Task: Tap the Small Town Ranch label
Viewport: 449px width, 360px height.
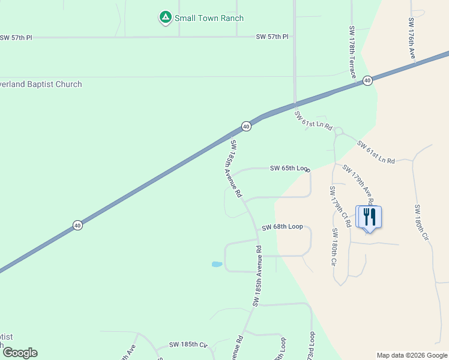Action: coord(209,18)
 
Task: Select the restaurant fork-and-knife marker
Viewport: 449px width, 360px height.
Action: coord(369,217)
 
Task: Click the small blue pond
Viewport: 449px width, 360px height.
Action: coord(217,263)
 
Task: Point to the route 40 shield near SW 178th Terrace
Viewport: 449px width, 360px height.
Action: coord(367,80)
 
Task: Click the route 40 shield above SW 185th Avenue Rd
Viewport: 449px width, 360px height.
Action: coord(246,126)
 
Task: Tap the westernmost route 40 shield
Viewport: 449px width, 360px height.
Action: coord(78,225)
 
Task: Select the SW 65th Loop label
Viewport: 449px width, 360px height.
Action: coord(289,169)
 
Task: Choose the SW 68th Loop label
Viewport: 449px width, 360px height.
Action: coord(282,227)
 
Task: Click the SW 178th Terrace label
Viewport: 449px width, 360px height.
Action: coord(353,52)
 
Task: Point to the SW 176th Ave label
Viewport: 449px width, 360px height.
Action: coord(412,38)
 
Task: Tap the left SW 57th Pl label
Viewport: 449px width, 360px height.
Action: coord(16,37)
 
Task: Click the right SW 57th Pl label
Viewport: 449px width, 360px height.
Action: coord(272,37)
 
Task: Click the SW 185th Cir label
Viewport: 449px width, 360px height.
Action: coord(188,344)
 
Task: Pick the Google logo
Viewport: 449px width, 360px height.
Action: coord(19,353)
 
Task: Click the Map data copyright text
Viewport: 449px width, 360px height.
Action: coord(412,355)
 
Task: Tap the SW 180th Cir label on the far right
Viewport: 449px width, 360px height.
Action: coord(421,223)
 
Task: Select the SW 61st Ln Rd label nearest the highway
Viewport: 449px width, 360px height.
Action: coord(313,120)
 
